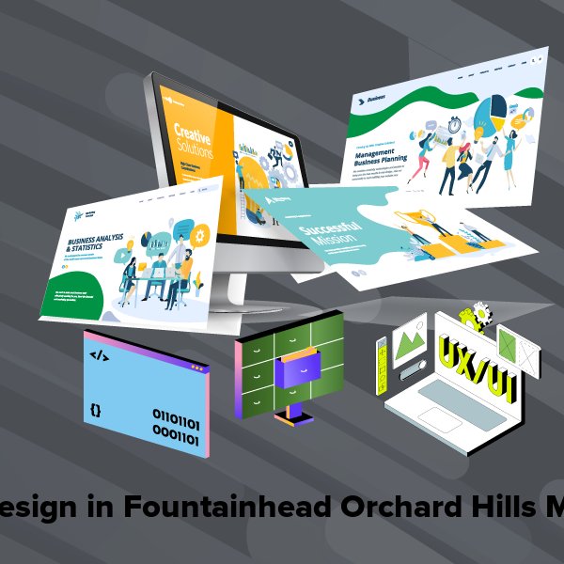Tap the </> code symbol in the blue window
point(98,355)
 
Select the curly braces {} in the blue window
point(96,410)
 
